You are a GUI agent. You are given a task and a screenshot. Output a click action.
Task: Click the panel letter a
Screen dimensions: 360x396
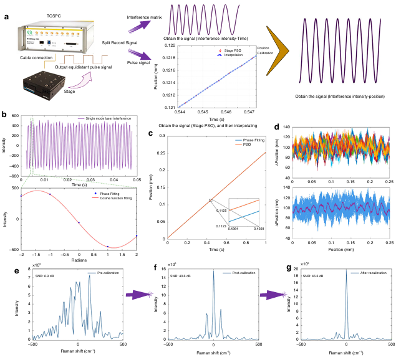coord(6,16)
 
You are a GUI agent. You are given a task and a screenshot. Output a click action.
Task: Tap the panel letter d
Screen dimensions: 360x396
coord(276,129)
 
